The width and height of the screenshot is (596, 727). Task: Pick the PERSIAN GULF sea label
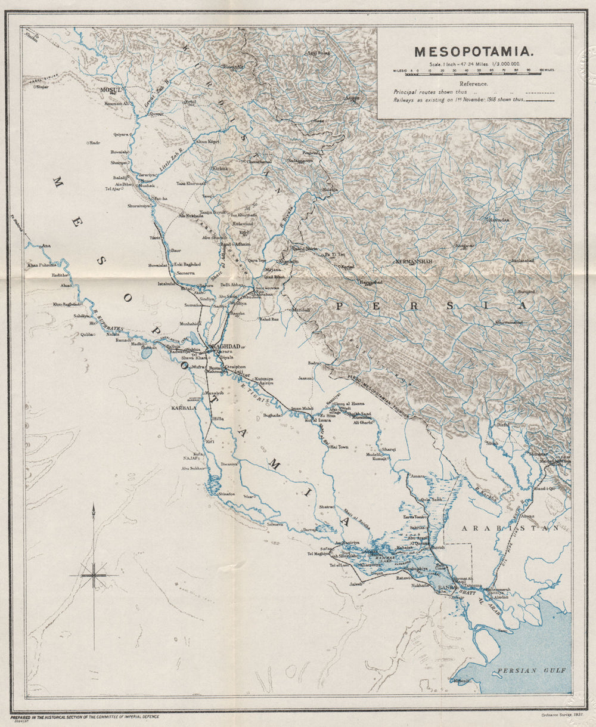[x=524, y=670]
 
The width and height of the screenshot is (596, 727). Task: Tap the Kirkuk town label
[x=220, y=169]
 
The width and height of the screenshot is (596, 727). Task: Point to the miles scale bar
[x=474, y=70]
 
